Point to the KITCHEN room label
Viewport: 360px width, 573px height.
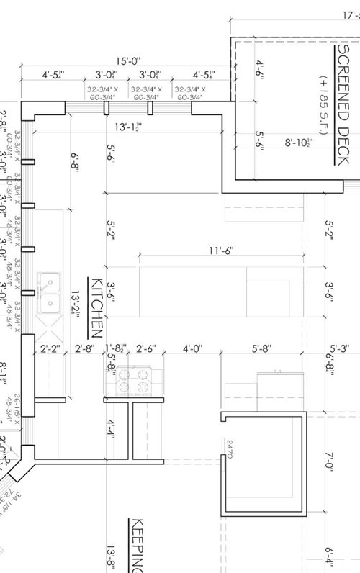pos(94,307)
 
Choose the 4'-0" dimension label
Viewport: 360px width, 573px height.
pos(192,349)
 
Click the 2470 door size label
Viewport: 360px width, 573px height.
pos(230,449)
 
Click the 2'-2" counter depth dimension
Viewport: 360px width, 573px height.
pos(49,349)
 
